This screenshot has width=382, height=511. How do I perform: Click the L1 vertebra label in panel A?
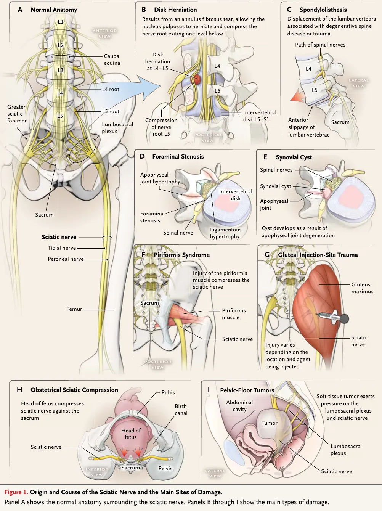61,22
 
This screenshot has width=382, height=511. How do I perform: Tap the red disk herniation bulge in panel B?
196,79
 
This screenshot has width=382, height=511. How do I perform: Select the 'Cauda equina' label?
112,59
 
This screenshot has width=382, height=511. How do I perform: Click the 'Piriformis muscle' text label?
234,314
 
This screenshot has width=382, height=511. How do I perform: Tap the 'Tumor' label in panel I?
269,423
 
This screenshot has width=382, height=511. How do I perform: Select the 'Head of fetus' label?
131,434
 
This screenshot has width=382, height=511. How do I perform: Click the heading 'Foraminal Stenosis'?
178,156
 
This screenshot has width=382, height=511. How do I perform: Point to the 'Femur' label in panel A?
74,309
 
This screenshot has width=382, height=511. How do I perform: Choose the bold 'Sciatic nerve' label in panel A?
59,237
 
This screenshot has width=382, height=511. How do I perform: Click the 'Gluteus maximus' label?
362,288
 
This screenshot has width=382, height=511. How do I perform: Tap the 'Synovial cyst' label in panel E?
276,186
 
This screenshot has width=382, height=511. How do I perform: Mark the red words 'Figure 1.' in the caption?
16,492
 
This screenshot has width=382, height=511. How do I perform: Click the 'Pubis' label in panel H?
168,392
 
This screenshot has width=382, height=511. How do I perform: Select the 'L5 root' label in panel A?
111,111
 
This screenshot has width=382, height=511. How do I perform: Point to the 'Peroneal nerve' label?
66,259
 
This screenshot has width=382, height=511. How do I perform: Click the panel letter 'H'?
19,390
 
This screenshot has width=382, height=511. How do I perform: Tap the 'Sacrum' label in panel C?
340,122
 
